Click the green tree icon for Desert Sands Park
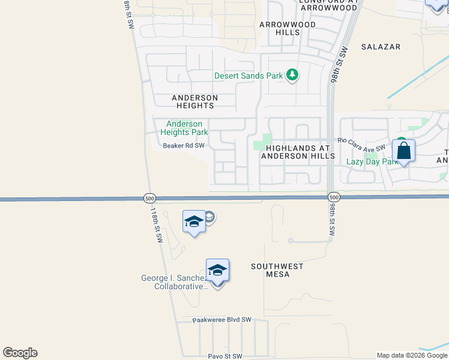coord(292,75)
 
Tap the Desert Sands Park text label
coord(249,76)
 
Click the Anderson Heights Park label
coord(184,128)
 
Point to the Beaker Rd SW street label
coord(184,145)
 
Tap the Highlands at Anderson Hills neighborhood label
coord(298,151)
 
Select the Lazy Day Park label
coord(372,161)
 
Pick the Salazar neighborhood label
coord(381,46)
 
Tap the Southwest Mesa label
coord(277,270)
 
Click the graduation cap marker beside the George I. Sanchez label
coord(217,271)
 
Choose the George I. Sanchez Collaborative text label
coord(174,282)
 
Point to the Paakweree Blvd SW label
coord(222,320)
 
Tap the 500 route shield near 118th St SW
coord(149,197)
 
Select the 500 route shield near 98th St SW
coord(334,197)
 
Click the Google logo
coord(20,353)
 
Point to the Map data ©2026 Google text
coord(412,355)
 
